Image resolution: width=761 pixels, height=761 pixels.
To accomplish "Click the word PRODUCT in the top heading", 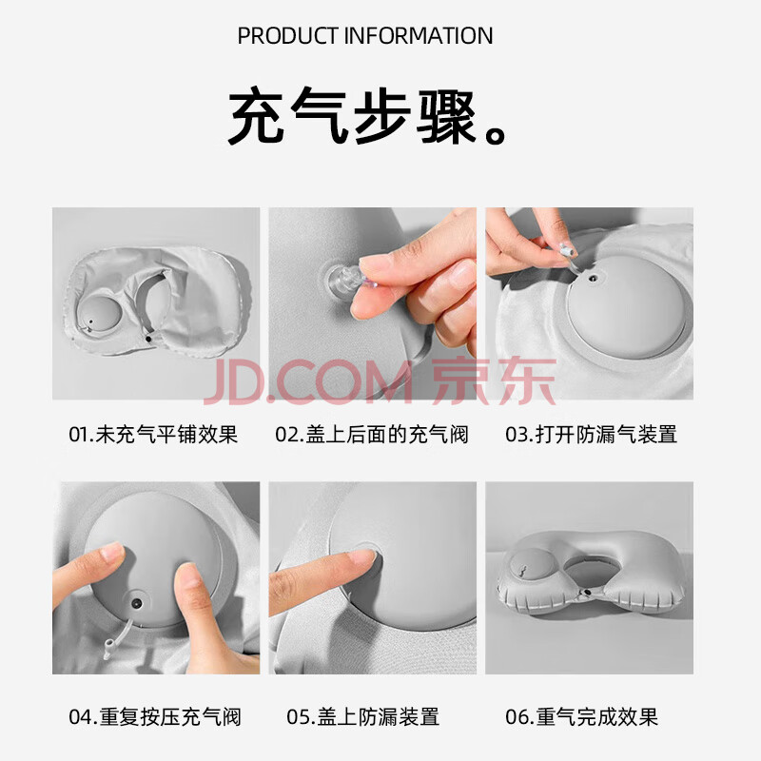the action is [287, 36].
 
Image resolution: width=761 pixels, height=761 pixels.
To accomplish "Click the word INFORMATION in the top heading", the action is [419, 36].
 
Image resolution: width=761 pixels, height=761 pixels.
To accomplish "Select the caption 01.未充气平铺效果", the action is [153, 434].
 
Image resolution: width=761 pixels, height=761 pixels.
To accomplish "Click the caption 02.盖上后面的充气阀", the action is [372, 434].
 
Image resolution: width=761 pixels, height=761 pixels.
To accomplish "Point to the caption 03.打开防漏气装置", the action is [591, 434].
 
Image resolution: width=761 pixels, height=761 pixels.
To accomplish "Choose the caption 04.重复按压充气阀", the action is [155, 716].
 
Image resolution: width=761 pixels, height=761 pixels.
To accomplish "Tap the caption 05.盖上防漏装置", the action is [363, 716].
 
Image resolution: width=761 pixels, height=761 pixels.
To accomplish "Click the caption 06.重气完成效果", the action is [581, 716].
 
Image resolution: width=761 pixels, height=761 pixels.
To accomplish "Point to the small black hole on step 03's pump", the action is [592, 279].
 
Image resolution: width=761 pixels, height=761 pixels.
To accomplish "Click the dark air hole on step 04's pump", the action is [137, 603].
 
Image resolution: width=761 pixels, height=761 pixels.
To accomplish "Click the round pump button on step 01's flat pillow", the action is [98, 314].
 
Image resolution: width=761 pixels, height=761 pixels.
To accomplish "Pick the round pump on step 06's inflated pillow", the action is [533, 566].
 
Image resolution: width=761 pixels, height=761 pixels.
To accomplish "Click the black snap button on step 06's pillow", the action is [588, 593].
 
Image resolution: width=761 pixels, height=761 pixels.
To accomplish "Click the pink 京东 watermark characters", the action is [494, 380].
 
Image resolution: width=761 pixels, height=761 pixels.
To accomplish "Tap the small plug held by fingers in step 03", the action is [566, 251].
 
